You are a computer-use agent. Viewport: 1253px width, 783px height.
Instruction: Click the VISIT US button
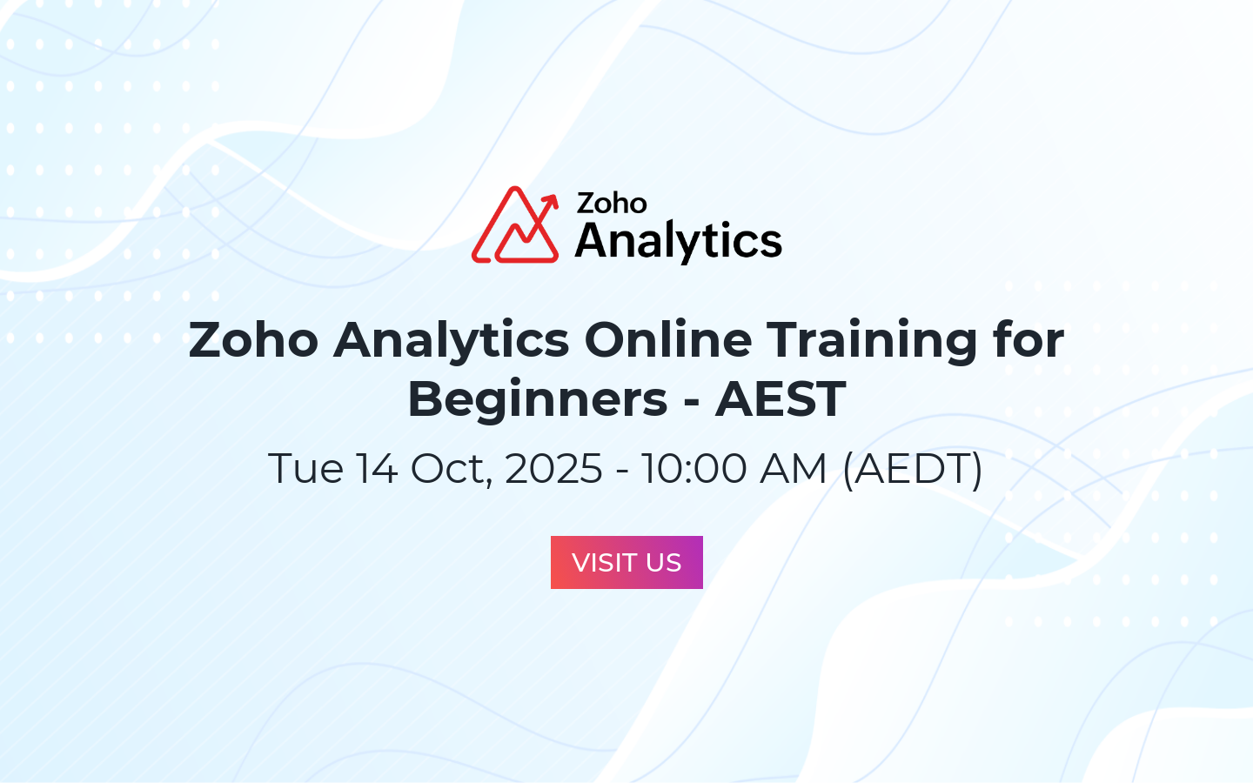tap(626, 562)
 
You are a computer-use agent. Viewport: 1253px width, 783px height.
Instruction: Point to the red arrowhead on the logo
tap(552, 202)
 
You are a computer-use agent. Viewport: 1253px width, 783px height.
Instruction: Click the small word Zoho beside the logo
tap(612, 203)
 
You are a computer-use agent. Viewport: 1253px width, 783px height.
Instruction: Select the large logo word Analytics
tap(679, 242)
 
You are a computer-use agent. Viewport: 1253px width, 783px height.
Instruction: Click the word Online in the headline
tap(668, 339)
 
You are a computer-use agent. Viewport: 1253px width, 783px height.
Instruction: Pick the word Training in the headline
tap(872, 342)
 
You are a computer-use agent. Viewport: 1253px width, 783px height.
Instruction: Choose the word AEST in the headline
tap(781, 398)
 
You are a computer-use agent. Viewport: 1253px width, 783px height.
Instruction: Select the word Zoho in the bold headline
tap(253, 339)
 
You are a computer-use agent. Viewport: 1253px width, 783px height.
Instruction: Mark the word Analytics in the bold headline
tap(451, 342)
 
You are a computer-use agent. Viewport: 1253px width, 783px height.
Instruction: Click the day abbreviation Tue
tap(305, 468)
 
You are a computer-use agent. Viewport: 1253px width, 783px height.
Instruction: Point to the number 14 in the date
tap(377, 468)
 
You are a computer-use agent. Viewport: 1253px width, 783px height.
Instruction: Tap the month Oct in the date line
tap(452, 469)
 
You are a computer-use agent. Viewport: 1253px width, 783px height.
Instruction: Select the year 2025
tap(553, 468)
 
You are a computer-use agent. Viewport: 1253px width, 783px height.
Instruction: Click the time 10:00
tap(694, 468)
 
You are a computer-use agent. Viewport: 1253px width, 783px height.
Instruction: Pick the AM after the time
tap(793, 468)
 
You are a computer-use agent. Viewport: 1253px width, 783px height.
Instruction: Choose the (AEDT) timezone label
tap(912, 470)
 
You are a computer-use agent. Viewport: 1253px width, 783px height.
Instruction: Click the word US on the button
tap(663, 563)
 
